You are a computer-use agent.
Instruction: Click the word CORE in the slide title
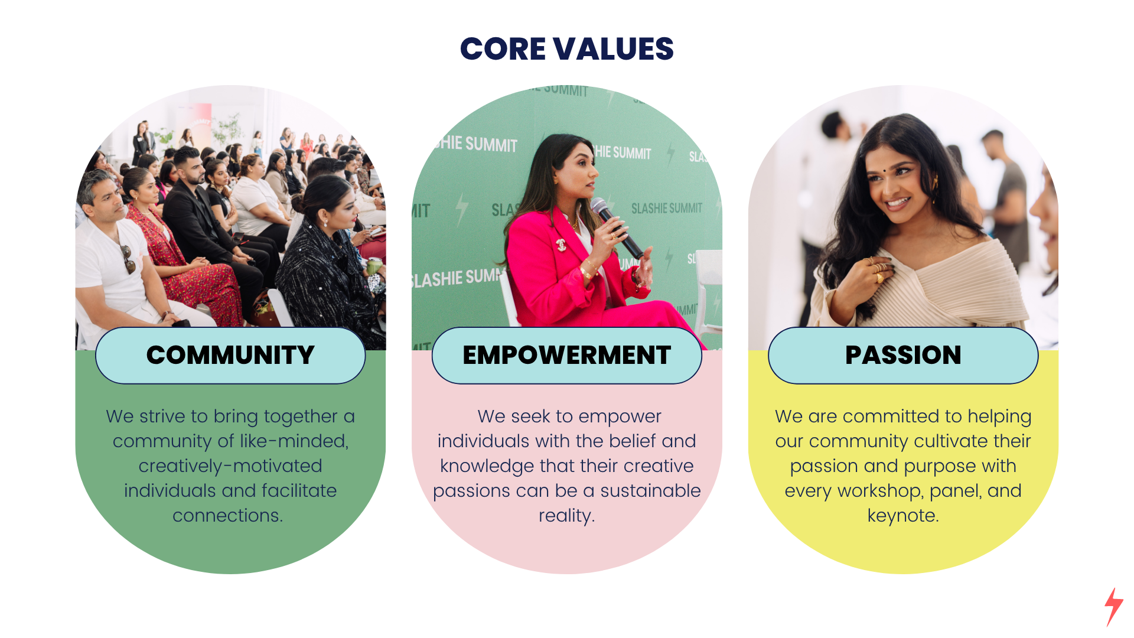click(x=503, y=48)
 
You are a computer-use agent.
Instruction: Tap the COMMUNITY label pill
click(x=230, y=356)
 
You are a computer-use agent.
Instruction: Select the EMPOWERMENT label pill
click(x=567, y=356)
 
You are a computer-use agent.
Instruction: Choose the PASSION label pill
click(x=903, y=356)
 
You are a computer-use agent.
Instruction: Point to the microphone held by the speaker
click(x=617, y=227)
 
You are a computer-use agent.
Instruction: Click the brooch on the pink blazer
click(x=561, y=244)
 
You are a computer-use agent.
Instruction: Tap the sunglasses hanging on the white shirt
click(x=128, y=259)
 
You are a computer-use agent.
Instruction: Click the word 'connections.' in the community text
click(x=228, y=516)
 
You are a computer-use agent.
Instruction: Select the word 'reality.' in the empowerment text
click(x=567, y=516)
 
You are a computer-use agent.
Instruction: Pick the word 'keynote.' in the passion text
click(x=903, y=516)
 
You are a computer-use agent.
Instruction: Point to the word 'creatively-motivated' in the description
click(x=230, y=466)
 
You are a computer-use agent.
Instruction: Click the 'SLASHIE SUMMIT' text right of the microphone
click(x=667, y=208)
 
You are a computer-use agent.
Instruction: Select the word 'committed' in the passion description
click(x=891, y=416)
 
